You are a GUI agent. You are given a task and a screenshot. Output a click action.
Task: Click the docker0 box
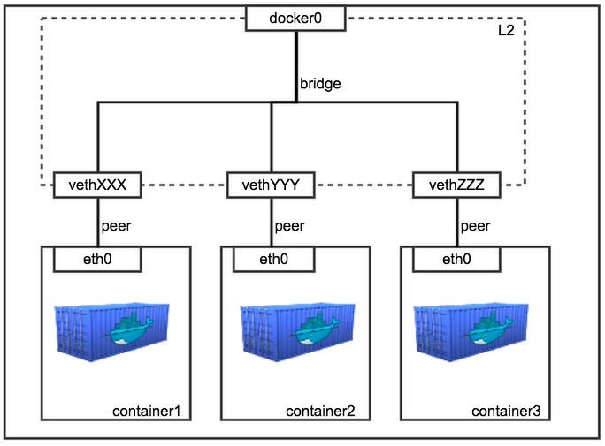coord(295,18)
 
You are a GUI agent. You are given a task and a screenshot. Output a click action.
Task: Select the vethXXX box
coord(97,185)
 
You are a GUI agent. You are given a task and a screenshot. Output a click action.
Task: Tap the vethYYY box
coord(271,185)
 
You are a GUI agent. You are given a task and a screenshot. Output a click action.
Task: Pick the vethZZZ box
coord(456,185)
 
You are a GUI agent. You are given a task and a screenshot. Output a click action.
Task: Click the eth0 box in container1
coord(97,259)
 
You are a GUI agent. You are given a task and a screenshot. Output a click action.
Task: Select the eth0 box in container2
coord(273,259)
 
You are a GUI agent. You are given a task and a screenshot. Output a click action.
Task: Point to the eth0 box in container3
coord(456,259)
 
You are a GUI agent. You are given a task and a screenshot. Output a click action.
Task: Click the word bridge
coord(320,85)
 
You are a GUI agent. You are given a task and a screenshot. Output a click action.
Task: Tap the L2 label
coord(506,30)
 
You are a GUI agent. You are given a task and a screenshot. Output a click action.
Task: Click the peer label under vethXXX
coord(116,226)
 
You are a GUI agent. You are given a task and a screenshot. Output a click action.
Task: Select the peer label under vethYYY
coord(289,226)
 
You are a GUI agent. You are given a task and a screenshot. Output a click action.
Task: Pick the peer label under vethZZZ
coord(475,226)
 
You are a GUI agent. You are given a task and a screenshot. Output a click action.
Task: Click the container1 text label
coord(147,412)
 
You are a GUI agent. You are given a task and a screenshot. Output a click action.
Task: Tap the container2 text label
coord(320,412)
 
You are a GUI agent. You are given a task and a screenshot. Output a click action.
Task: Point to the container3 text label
coord(506,412)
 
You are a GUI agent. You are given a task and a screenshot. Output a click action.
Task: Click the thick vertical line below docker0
coord(296,66)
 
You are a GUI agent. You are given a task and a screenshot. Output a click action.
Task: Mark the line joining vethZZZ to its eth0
coord(457,223)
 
